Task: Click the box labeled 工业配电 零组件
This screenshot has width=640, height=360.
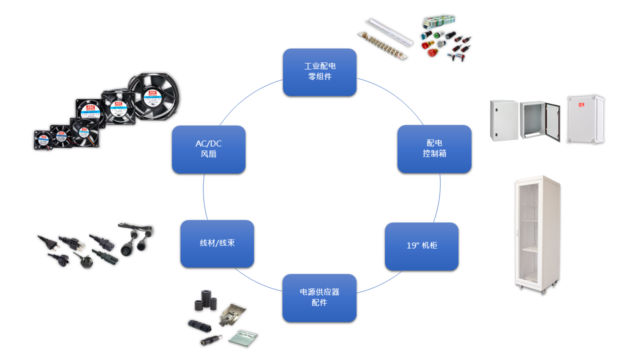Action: [x=319, y=72]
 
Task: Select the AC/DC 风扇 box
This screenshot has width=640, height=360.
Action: [x=208, y=149]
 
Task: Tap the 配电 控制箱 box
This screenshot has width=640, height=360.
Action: [x=434, y=149]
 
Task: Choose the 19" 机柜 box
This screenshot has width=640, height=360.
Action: [x=421, y=246]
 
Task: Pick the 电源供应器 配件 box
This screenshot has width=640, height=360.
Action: [x=319, y=297]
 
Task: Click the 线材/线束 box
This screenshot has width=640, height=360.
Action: [x=217, y=243]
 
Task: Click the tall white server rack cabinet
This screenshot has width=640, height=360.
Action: [x=537, y=234]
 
